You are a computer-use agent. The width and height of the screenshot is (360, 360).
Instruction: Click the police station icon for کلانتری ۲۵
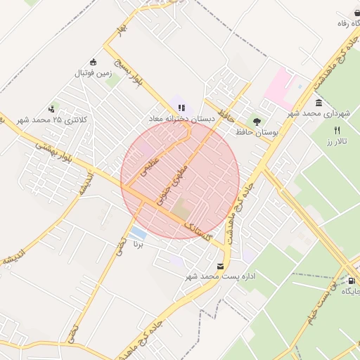(x=51, y=109)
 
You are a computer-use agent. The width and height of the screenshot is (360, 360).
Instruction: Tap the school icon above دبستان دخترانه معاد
(x=181, y=108)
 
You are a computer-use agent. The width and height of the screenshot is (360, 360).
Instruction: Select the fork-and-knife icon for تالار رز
(x=337, y=130)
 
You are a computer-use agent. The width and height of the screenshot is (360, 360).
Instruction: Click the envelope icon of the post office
(x=221, y=266)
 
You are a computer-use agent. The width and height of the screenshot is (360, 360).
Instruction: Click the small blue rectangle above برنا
(x=138, y=233)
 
